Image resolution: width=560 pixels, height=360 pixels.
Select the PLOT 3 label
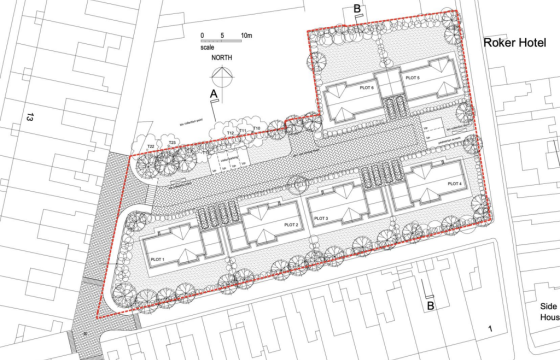321,215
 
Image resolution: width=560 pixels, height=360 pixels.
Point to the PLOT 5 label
411,77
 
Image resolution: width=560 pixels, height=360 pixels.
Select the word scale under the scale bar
207,46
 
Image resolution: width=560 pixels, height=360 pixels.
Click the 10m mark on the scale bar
247,33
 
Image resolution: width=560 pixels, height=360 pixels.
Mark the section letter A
213,93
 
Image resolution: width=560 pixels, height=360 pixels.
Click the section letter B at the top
357,10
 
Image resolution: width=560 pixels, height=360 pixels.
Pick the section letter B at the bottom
431,307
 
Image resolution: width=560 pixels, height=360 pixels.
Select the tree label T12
230,133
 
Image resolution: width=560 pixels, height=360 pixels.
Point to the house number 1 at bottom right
490,329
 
